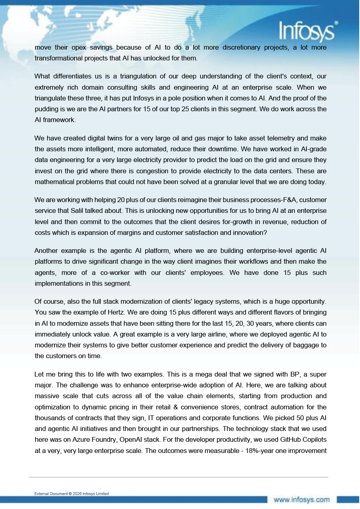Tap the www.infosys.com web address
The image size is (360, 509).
click(x=302, y=499)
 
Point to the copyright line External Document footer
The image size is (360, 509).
click(x=72, y=493)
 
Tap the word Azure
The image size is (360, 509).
click(x=82, y=439)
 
